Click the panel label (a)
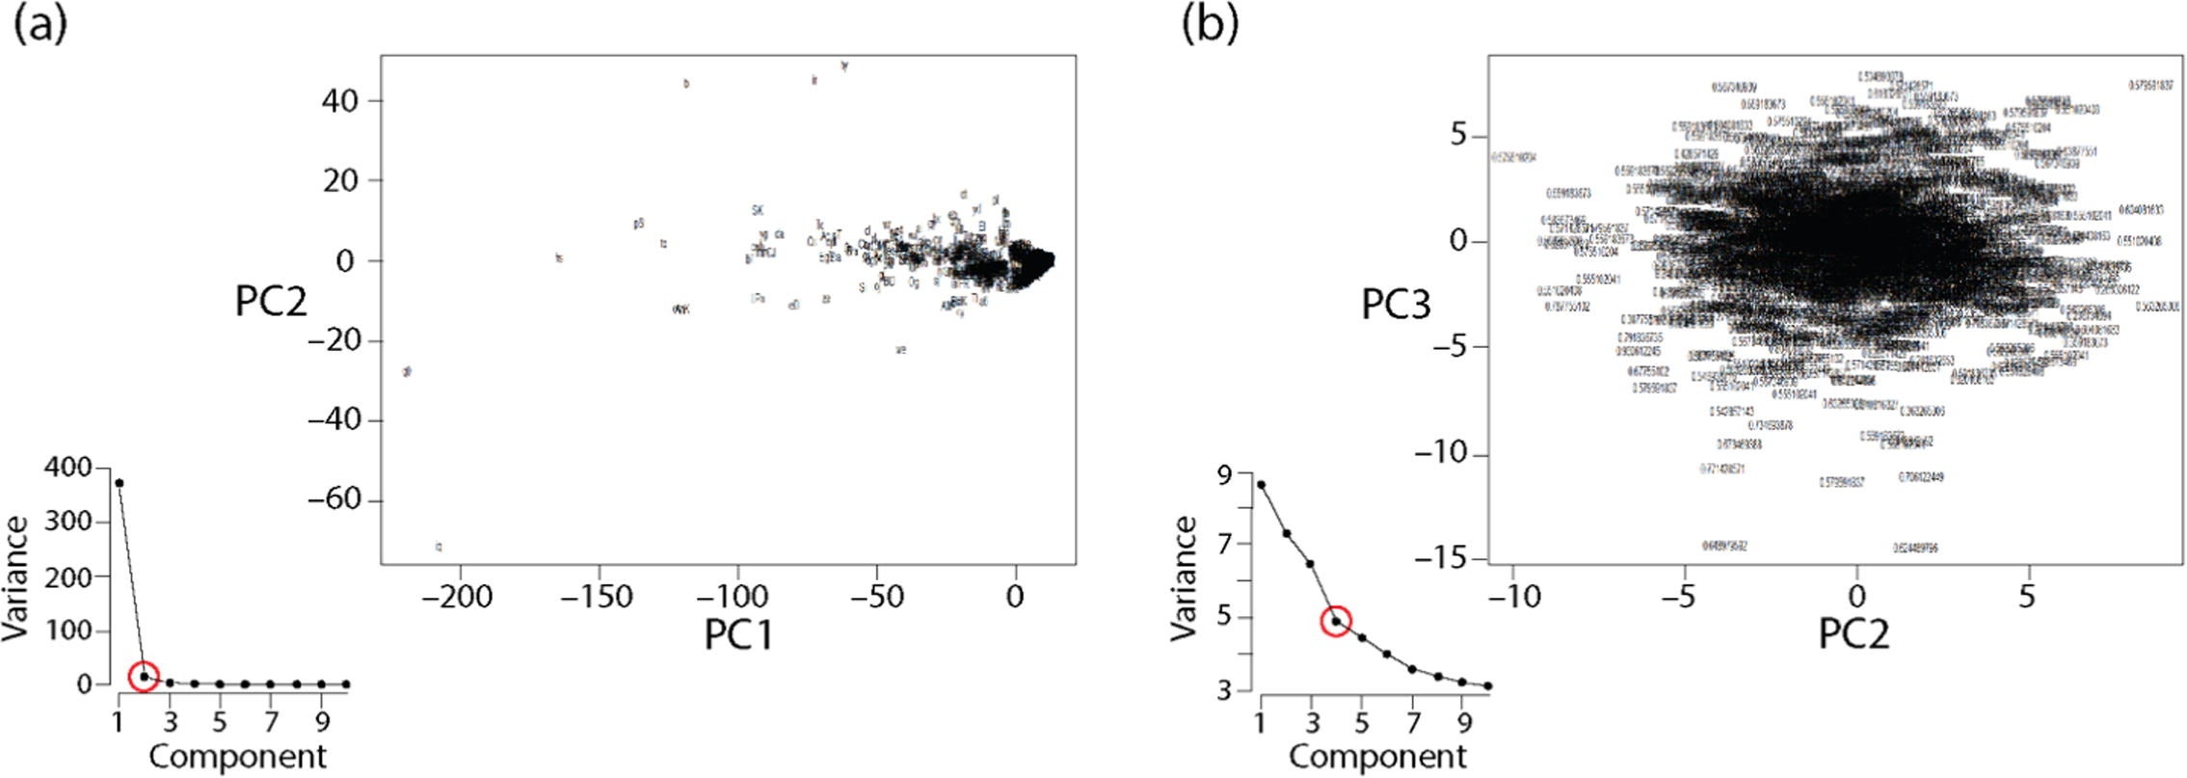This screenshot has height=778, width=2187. pyautogui.click(x=40, y=25)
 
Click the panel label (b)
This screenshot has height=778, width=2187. pyautogui.click(x=1210, y=25)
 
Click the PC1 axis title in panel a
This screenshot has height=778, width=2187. pyautogui.click(x=739, y=634)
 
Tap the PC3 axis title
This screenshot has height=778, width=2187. pyautogui.click(x=1396, y=305)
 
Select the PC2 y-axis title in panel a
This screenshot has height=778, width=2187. pyautogui.click(x=271, y=302)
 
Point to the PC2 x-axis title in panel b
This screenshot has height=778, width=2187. pyautogui.click(x=1854, y=634)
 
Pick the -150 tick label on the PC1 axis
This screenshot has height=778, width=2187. pyautogui.click(x=598, y=597)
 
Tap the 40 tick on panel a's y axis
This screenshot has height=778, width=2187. pyautogui.click(x=340, y=100)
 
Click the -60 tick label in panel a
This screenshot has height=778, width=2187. pyautogui.click(x=339, y=500)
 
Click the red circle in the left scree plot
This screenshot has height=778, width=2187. pyautogui.click(x=145, y=676)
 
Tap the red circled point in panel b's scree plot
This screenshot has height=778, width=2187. pyautogui.click(x=1336, y=621)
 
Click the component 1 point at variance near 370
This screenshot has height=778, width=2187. pyautogui.click(x=120, y=482)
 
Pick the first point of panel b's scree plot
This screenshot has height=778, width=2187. pyautogui.click(x=1261, y=484)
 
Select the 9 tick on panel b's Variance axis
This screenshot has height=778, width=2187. pyautogui.click(x=1225, y=473)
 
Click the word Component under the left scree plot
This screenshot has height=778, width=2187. pyautogui.click(x=237, y=757)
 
